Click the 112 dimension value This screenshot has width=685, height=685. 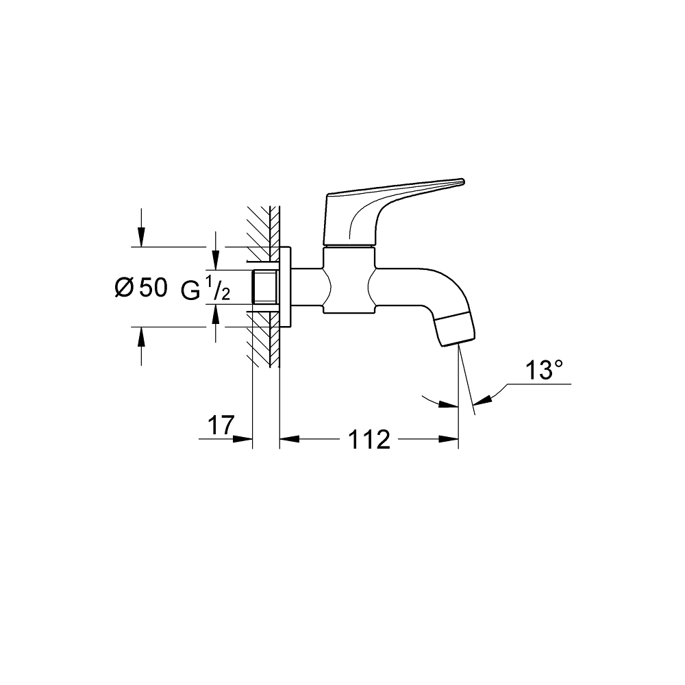(369, 440)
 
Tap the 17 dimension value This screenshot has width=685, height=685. (221, 425)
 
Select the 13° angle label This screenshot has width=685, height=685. (544, 371)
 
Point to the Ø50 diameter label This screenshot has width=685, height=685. (140, 288)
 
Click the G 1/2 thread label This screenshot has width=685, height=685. (205, 290)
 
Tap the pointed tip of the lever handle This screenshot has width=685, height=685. (462, 182)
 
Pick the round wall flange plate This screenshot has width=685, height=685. (286, 287)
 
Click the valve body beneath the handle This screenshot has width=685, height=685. (349, 281)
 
